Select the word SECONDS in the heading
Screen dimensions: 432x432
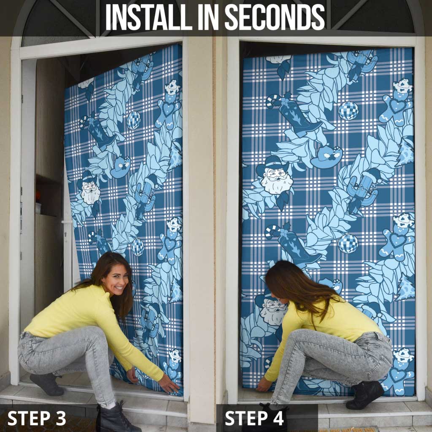275,17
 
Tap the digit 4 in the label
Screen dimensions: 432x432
277,418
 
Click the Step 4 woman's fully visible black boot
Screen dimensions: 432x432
365,394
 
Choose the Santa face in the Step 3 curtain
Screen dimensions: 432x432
89,191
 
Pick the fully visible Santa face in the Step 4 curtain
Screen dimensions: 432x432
274,175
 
